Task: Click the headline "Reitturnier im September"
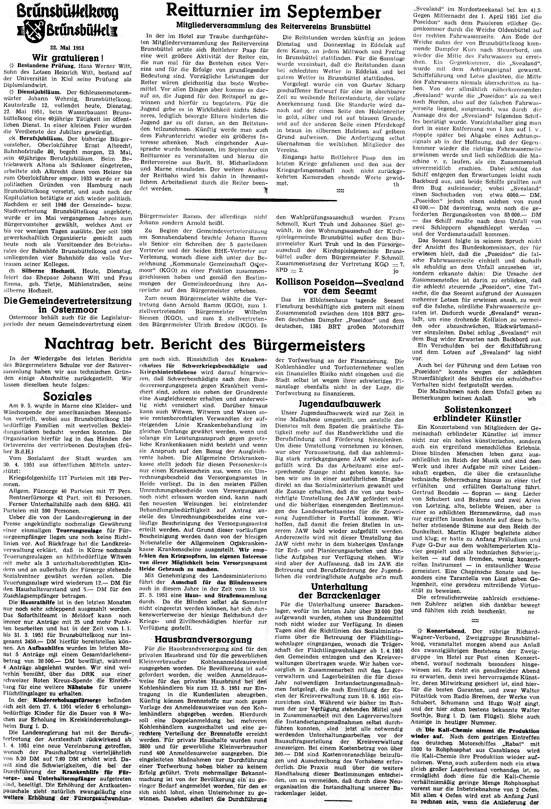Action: [x=273, y=13]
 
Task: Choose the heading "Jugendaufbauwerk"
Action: [x=340, y=404]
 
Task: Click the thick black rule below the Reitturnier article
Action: [x=261, y=199]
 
